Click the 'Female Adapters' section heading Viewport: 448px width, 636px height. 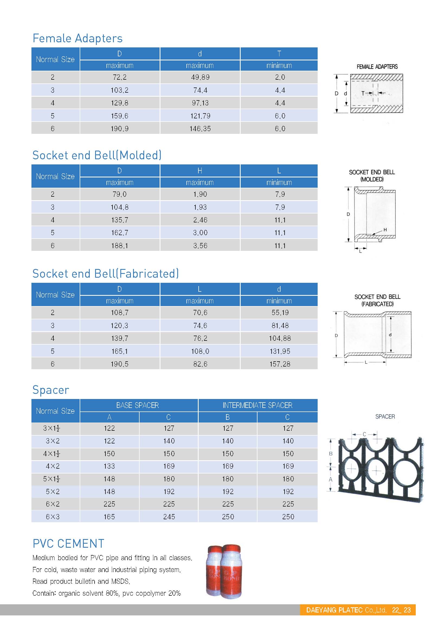(77, 38)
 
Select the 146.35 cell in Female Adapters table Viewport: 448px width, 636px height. (200, 129)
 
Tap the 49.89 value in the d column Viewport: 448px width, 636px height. (200, 77)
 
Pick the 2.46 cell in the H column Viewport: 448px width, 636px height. (200, 220)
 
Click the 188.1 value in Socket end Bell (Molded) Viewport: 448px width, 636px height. (120, 246)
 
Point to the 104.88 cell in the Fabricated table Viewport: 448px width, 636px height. (280, 338)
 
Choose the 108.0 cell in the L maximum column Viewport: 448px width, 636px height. (200, 351)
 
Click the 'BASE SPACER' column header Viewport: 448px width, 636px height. (137, 405)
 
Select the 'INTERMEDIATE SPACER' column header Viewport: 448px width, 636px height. (257, 405)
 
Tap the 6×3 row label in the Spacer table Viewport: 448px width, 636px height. (53, 517)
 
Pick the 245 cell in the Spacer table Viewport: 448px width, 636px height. (169, 517)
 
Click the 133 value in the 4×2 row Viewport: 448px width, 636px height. (109, 466)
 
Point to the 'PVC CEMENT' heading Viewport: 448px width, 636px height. (68, 543)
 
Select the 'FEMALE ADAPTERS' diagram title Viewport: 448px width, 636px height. (377, 67)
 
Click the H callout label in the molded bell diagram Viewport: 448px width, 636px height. (385, 230)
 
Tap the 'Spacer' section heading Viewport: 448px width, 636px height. (51, 390)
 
